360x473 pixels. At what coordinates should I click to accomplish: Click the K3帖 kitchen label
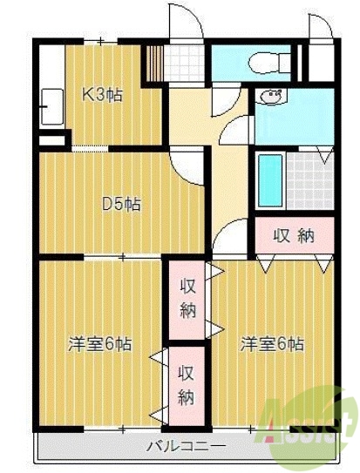102,95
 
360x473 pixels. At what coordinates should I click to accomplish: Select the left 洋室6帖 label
100,344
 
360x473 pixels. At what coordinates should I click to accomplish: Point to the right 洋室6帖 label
273,343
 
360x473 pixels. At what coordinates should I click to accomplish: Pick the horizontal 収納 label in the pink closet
294,234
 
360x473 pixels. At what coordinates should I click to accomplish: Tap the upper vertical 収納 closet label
187,297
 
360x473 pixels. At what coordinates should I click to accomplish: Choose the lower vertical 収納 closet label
187,385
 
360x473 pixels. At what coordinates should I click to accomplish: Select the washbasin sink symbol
273,97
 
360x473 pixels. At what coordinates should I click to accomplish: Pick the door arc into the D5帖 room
187,164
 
